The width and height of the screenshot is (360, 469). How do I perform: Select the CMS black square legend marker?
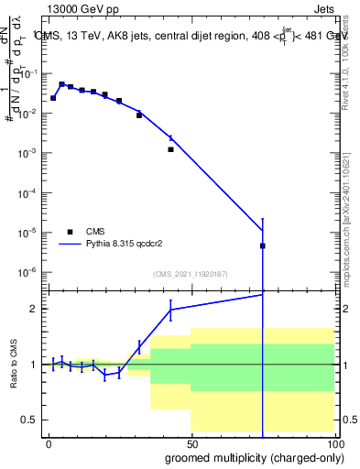pos(70,232)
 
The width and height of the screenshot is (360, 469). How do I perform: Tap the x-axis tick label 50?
pos(191,442)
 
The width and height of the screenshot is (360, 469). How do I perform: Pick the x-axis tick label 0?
pos(49,442)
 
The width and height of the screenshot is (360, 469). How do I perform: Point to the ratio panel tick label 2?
pos(32,310)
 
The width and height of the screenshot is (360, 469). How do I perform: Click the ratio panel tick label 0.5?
pos(27,420)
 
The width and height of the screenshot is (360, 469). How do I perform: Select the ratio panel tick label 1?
pos(32,365)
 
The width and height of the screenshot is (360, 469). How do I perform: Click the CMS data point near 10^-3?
pos(170,149)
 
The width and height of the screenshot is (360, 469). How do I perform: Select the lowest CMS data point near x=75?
pos(263,245)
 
